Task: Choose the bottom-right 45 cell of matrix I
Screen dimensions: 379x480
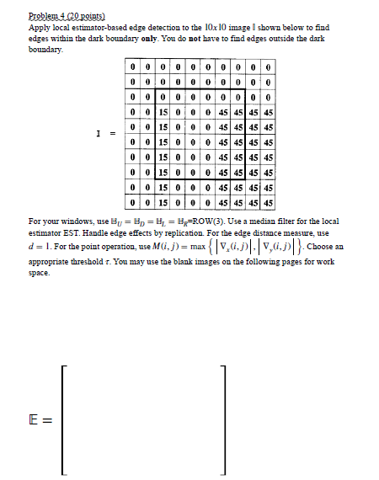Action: coord(269,203)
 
